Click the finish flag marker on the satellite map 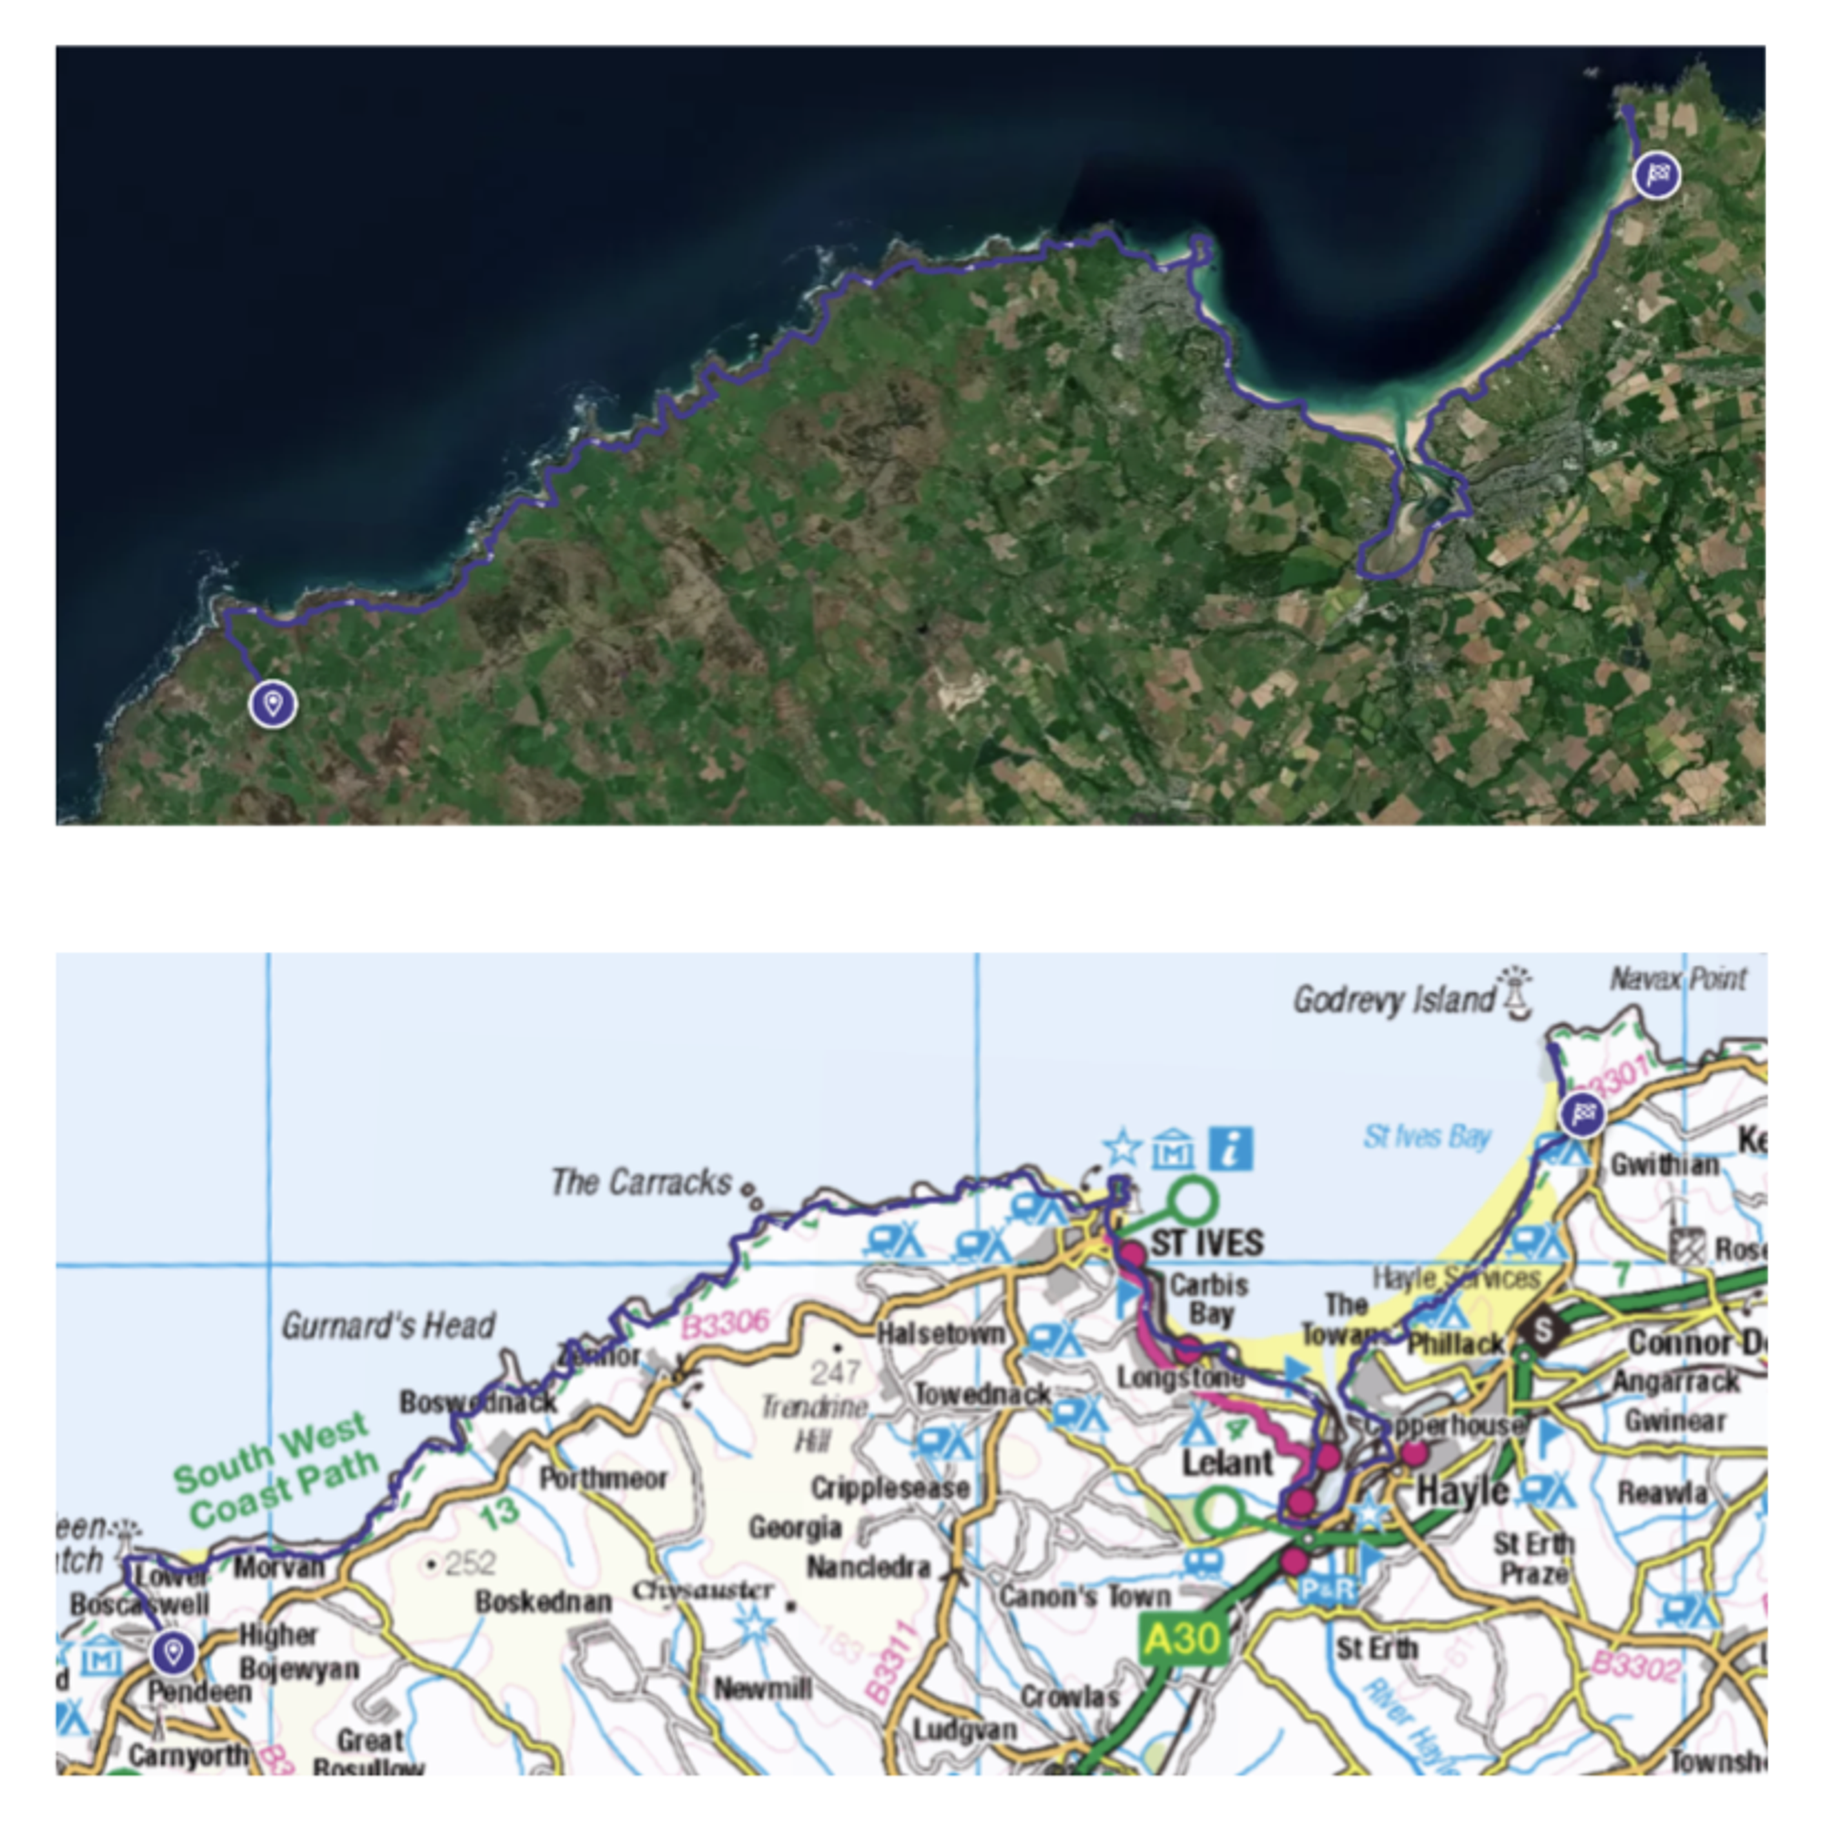click(x=1657, y=175)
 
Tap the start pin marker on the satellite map click(x=273, y=704)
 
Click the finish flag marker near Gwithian click(x=1582, y=1114)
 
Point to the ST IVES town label click(x=1207, y=1242)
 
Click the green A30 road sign click(x=1182, y=1639)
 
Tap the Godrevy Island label click(x=1394, y=998)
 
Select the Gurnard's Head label click(x=388, y=1325)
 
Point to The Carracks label click(x=641, y=1181)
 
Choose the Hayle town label click(x=1463, y=1492)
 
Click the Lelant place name click(x=1227, y=1463)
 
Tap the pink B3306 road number click(x=725, y=1323)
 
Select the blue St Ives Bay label click(x=1426, y=1137)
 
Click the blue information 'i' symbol click(x=1231, y=1149)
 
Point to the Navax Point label click(x=1678, y=978)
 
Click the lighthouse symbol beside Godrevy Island click(x=1514, y=991)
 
